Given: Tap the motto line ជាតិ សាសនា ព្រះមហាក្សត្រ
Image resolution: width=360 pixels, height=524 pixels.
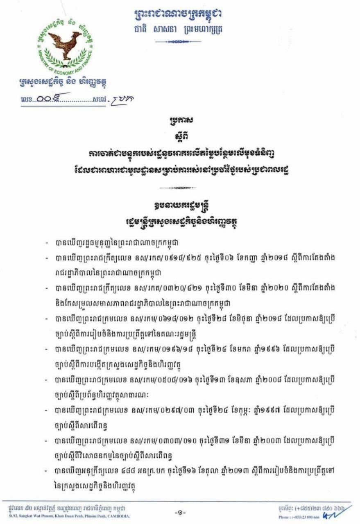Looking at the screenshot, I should click(x=180, y=29).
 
